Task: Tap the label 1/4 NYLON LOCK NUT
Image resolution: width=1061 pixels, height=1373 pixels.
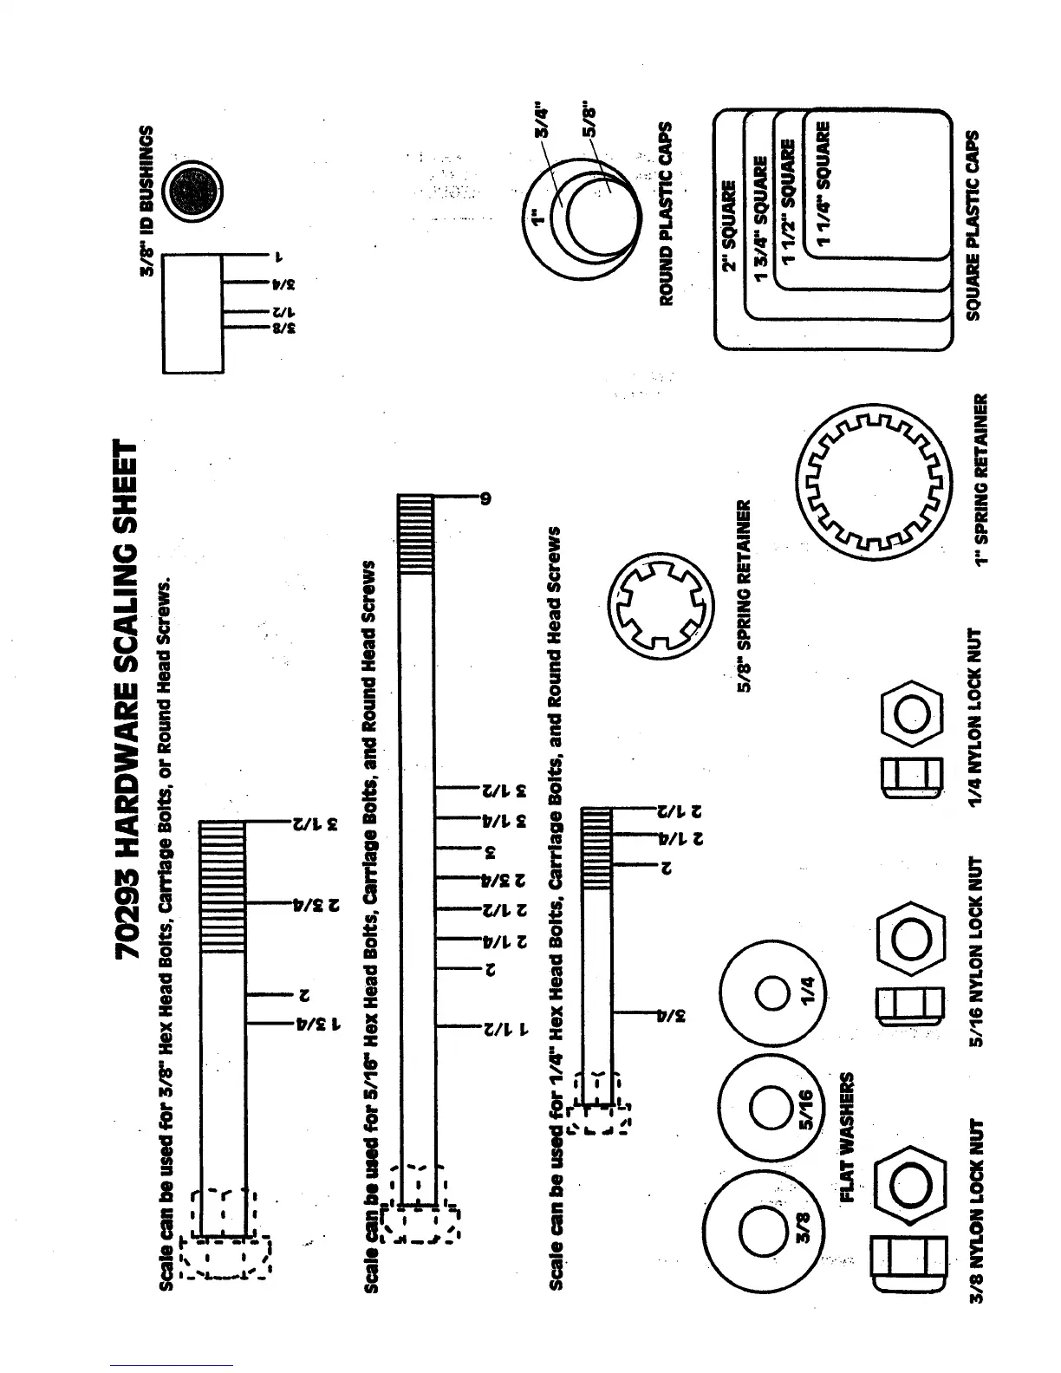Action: (980, 719)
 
